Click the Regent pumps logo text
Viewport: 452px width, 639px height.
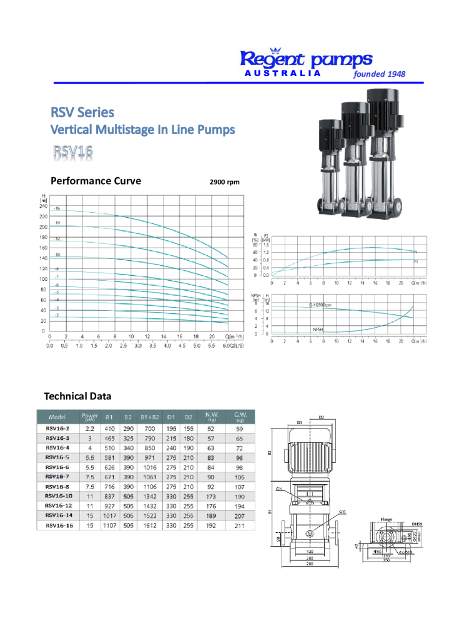tap(306, 59)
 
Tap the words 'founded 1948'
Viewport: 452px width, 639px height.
tap(379, 74)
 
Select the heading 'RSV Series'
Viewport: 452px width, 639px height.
tap(82, 112)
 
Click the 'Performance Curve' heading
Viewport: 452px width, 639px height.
tap(96, 182)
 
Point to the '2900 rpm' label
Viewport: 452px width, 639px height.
tap(224, 183)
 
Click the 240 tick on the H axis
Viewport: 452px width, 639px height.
tap(43, 206)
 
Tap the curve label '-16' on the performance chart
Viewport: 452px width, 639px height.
tap(57, 208)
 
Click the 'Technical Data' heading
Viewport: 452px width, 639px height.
tap(77, 396)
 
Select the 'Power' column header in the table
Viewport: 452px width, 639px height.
tap(89, 416)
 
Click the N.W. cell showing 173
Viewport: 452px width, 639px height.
tap(210, 496)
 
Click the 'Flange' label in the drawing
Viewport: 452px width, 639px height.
tap(386, 519)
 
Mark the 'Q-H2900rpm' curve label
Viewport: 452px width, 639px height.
tap(320, 305)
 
